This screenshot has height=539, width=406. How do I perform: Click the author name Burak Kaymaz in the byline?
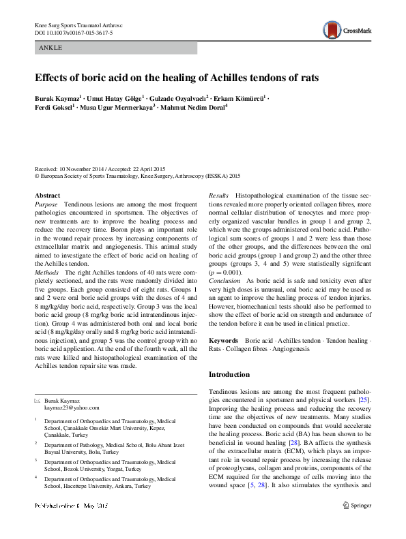tap(58, 98)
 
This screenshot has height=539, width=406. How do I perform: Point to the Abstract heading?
tap(47, 196)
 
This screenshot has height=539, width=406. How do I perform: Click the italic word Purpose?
tap(46, 204)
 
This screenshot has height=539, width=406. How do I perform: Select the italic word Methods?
tap(47, 290)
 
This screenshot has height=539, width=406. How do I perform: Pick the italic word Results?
tap(218, 196)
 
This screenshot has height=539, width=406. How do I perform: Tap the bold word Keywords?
tap(223, 339)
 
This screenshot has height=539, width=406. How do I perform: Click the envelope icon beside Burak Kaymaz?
tap(38, 401)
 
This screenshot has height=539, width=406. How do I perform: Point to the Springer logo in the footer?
tap(356, 524)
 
